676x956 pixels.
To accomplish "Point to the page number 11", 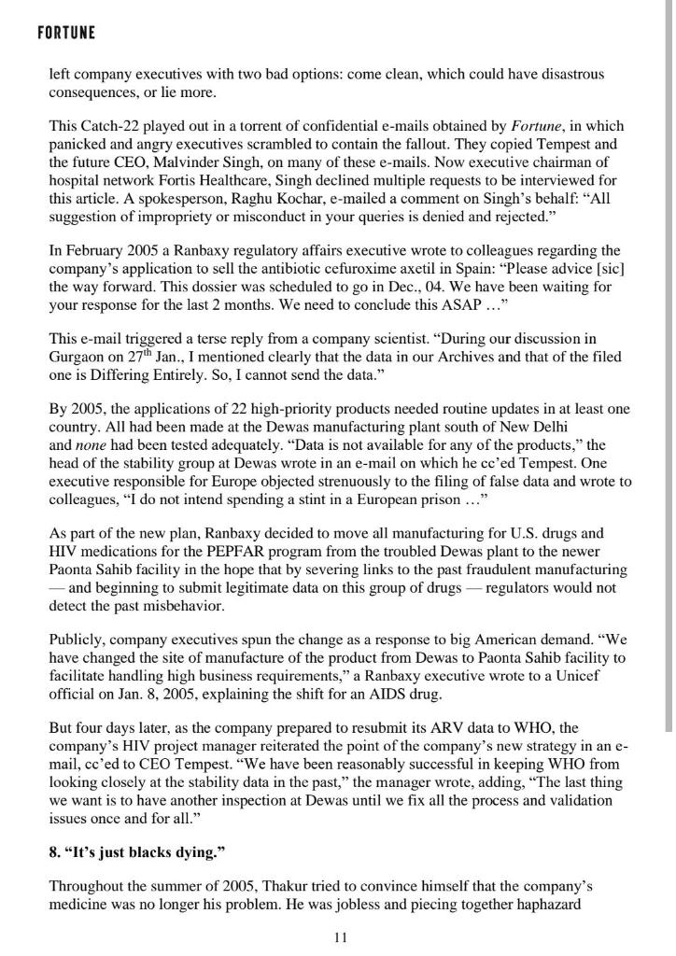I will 340,938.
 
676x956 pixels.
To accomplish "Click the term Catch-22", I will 106,126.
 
